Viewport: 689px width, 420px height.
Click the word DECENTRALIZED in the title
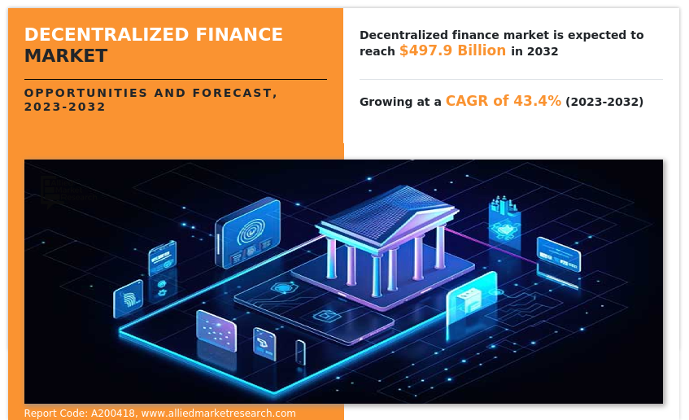coord(107,34)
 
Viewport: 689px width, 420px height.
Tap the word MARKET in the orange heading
coord(66,56)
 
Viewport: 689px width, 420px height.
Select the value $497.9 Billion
coord(452,50)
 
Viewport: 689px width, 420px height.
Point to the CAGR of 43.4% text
coord(504,101)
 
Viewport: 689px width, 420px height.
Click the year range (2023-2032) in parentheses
coord(604,102)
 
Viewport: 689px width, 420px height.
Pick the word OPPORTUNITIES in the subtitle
coord(85,93)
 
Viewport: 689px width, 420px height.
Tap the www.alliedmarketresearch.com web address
coord(218,413)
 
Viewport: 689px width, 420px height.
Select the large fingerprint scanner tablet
coord(248,232)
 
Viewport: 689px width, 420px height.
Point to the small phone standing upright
coord(300,352)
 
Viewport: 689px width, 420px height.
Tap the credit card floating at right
coord(559,255)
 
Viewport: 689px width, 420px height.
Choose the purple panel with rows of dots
coord(216,331)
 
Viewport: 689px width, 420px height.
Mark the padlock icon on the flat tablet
coord(326,315)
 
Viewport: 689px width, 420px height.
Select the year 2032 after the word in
coord(543,51)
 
